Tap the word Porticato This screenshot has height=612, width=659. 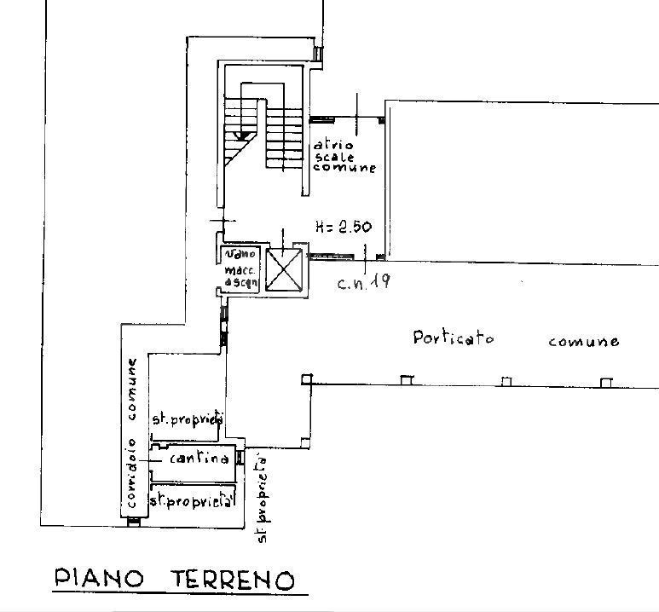point(454,338)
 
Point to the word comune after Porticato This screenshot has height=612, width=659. point(584,341)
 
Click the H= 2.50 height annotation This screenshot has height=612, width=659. point(342,227)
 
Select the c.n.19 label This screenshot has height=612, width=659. point(363,283)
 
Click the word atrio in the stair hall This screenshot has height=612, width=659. point(327,144)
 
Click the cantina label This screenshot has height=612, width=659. point(199,459)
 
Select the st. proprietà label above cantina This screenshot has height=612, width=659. point(187,419)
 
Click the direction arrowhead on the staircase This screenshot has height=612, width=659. point(241,135)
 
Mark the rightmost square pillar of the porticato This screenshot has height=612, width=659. point(606,383)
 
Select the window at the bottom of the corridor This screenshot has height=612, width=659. point(133,522)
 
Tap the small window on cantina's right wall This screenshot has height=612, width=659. point(240,458)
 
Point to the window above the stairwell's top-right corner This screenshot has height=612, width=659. point(318,54)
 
